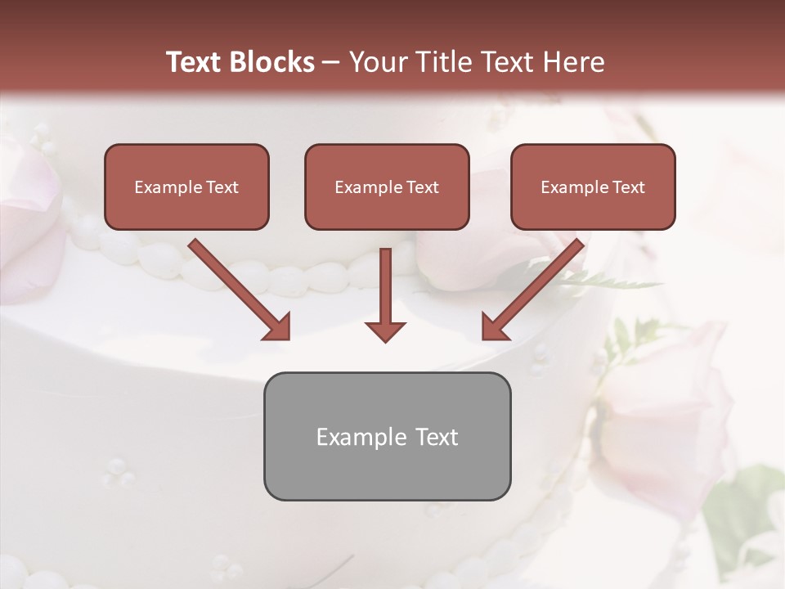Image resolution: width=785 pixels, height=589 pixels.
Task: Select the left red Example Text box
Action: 186,187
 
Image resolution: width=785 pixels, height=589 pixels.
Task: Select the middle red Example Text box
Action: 387,187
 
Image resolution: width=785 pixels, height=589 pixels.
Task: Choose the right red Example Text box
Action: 593,187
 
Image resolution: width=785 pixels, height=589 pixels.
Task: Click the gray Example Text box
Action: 387,436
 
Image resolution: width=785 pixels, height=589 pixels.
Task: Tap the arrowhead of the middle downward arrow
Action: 385,330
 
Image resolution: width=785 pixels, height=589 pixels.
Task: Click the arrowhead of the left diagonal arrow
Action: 277,326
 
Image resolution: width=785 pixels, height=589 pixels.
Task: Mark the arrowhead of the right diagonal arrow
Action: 495,326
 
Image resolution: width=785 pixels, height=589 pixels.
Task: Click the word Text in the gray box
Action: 436,437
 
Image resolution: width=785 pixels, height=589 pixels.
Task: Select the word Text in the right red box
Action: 629,187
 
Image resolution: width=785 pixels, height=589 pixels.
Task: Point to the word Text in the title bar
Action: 195,62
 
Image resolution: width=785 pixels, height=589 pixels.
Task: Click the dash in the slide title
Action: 331,63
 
